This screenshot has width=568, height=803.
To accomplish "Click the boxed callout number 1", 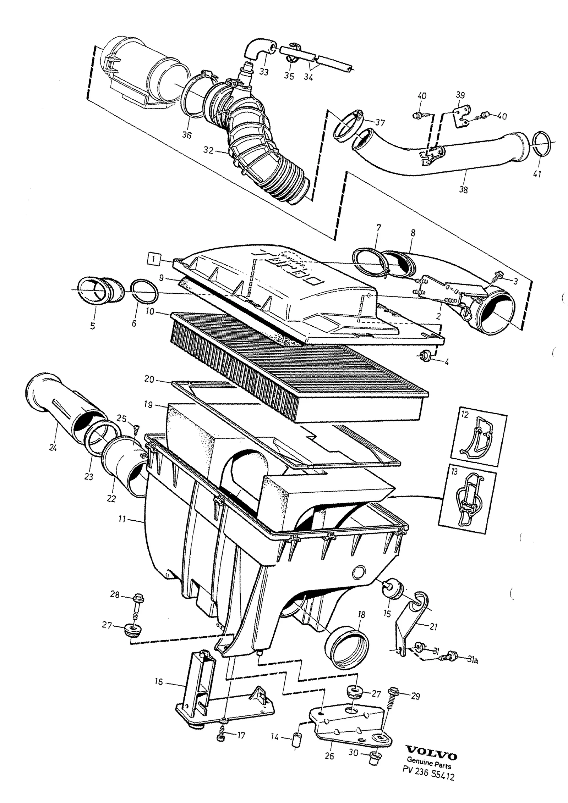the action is click(154, 259).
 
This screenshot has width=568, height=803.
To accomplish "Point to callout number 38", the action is click(463, 190).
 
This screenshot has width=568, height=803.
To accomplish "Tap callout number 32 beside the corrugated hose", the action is click(208, 150).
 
